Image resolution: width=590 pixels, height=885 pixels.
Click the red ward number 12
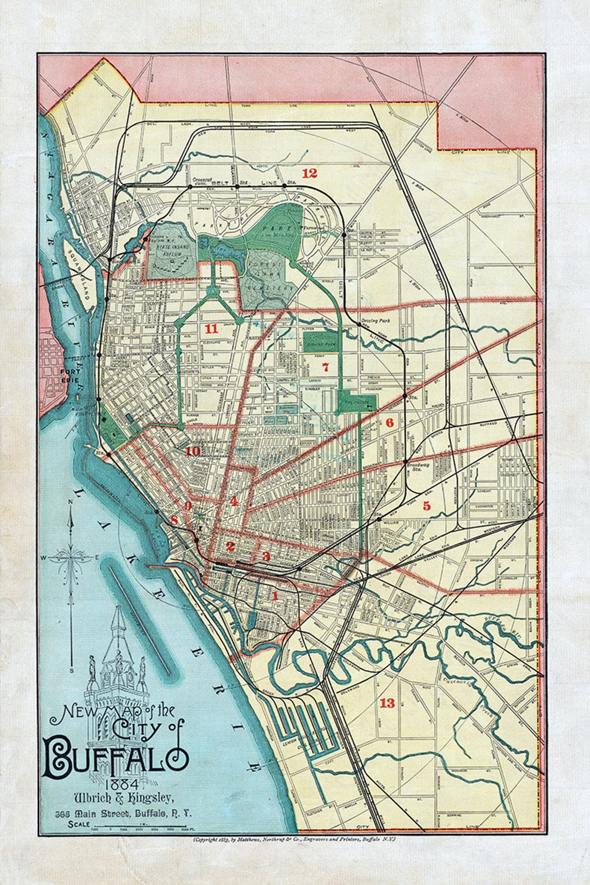pos(309,173)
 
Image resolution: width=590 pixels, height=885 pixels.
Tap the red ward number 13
pos(387,703)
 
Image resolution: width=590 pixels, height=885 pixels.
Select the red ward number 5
pos(426,506)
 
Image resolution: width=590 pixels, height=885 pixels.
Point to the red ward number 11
pos(211,329)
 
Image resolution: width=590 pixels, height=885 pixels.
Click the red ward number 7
pos(325,368)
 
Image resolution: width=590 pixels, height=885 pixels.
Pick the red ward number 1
pos(275,596)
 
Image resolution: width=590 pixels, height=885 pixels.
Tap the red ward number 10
pos(193,451)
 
